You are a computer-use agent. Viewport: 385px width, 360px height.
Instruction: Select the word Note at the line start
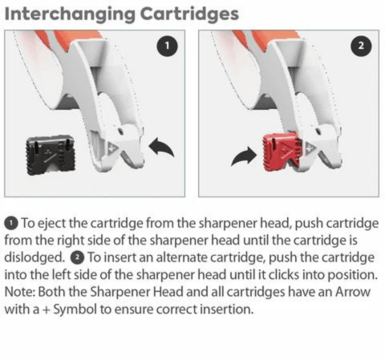[20, 293]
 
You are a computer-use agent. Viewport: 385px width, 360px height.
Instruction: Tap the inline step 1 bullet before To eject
[10, 222]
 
